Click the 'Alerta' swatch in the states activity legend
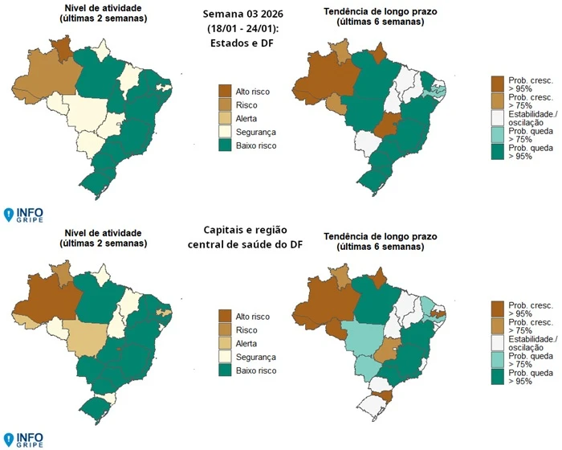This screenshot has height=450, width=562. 225,118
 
